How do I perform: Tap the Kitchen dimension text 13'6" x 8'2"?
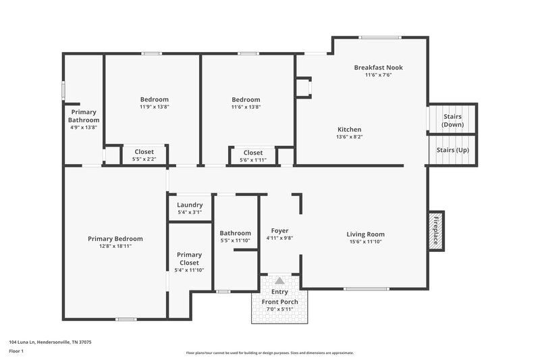[x=350, y=137]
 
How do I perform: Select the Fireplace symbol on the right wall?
[x=436, y=230]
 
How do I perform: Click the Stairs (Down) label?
[x=452, y=120]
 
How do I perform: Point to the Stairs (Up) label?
[x=452, y=150]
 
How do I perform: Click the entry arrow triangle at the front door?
[x=279, y=280]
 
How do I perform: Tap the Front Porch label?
[x=279, y=301]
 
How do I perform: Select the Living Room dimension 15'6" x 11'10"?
[x=365, y=241]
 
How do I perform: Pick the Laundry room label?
[x=190, y=205]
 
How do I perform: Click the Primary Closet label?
[x=189, y=259]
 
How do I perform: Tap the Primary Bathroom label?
[x=84, y=116]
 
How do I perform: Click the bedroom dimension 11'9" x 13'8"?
[x=154, y=107]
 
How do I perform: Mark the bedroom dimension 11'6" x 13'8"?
[x=246, y=107]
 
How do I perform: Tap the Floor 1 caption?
[x=16, y=352]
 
